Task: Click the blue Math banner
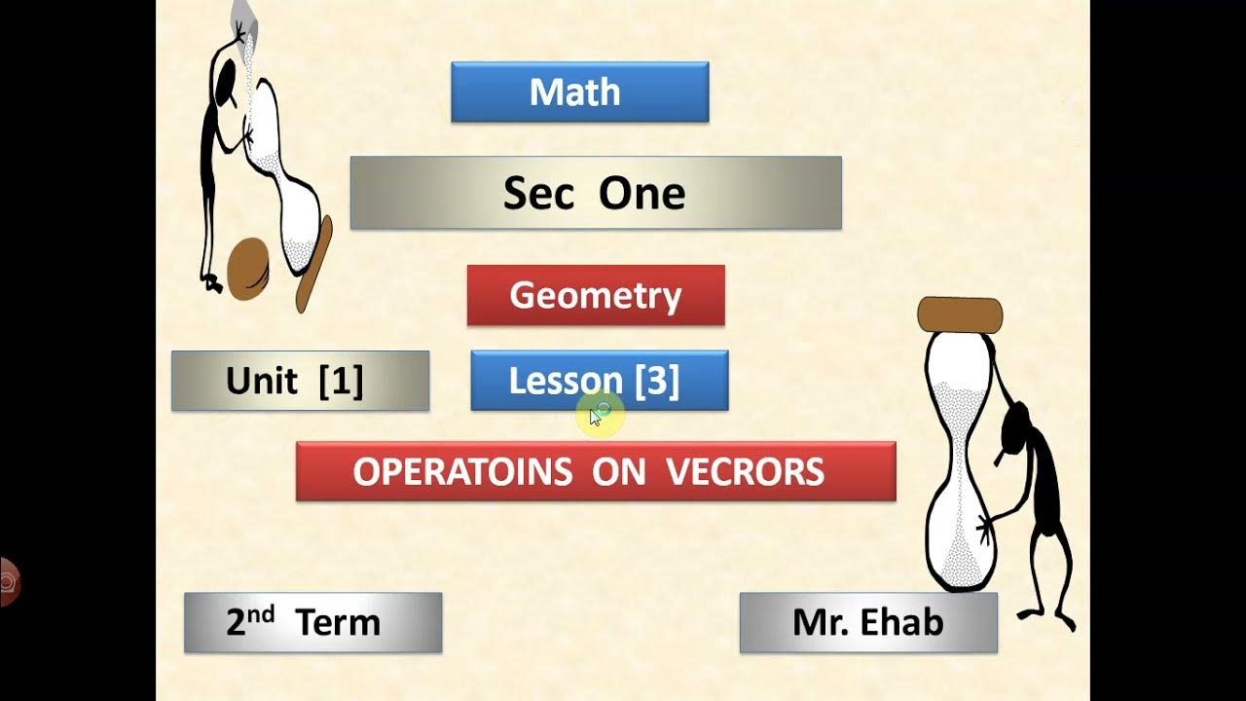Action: (579, 92)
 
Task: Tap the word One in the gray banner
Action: (641, 194)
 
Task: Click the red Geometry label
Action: (596, 295)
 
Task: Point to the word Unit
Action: (261, 381)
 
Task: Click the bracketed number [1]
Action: (341, 381)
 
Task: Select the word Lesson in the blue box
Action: (566, 381)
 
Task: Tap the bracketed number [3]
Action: (657, 381)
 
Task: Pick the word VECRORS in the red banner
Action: (746, 472)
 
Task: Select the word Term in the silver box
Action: (338, 622)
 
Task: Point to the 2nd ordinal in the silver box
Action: (250, 620)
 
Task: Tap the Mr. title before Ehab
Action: (817, 622)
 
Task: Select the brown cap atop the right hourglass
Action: (960, 315)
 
